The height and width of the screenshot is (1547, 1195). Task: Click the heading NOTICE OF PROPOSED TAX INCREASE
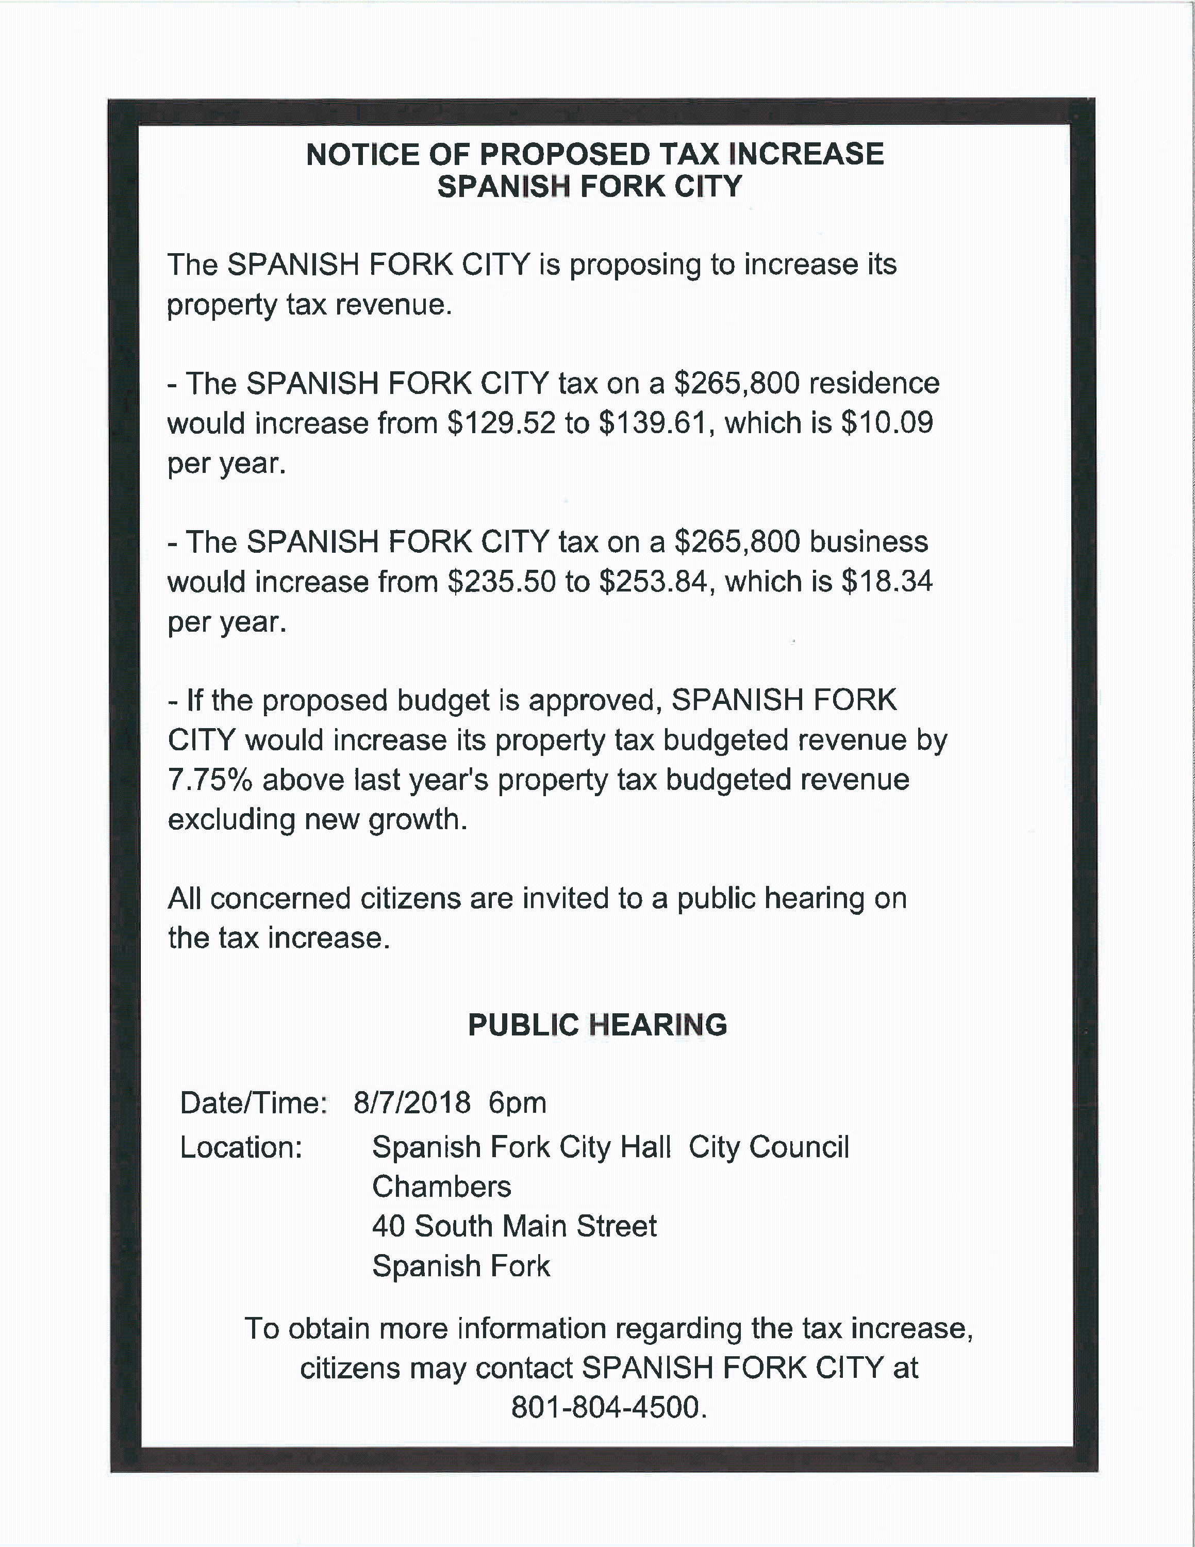595,154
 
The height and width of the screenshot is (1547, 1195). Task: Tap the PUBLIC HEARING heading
597,1025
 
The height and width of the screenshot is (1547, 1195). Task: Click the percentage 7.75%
210,780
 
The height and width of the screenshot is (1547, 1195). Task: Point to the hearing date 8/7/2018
412,1103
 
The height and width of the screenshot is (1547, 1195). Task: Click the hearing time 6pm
518,1103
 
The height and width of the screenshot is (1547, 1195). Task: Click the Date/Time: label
254,1103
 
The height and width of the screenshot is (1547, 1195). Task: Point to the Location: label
241,1147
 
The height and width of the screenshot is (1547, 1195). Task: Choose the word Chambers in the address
442,1187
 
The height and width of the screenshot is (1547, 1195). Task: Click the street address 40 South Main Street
514,1226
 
